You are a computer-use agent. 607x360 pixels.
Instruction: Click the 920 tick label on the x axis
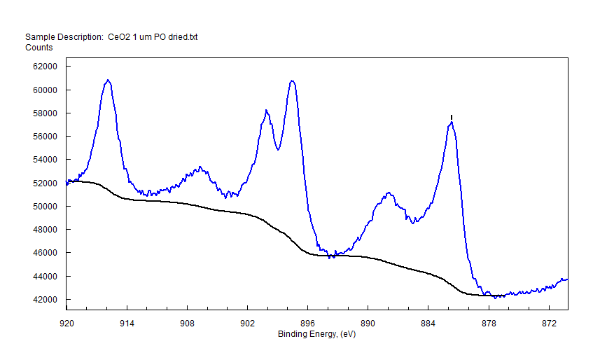coord(67,324)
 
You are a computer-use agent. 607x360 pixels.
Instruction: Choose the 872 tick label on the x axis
coord(549,324)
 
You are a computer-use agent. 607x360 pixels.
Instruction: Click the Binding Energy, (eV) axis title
coord(317,334)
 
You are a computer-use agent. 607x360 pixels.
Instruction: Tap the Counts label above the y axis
coord(39,48)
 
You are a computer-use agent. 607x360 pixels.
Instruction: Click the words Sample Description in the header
coord(64,37)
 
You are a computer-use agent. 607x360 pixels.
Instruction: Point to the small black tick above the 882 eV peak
coord(452,117)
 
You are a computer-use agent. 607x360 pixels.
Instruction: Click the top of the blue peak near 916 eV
coord(108,80)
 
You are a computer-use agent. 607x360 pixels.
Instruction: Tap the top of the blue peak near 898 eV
coord(292,81)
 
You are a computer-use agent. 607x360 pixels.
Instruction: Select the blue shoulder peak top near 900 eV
coord(267,110)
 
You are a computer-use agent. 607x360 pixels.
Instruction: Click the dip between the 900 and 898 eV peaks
coord(279,149)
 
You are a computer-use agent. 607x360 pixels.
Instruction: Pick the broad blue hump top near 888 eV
coord(387,193)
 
